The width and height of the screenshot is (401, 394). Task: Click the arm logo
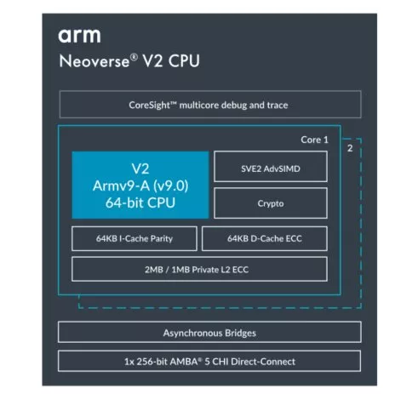79,36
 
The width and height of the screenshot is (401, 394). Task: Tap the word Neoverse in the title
95,61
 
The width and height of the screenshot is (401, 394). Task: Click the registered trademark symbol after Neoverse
134,57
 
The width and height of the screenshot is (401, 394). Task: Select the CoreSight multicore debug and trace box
210,105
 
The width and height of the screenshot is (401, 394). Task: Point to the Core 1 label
314,140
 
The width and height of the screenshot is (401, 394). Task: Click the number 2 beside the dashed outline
350,148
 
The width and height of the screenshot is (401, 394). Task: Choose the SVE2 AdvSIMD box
271,167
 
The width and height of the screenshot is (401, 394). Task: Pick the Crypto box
271,203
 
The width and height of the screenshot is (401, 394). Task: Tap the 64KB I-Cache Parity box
135,238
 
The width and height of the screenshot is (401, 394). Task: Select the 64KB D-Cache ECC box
265,238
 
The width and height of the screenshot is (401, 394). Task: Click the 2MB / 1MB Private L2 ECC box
199,269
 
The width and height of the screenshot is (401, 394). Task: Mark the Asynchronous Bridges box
209,332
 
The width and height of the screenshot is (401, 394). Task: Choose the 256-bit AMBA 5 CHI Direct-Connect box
209,361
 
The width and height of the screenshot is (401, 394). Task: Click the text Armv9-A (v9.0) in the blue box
140,186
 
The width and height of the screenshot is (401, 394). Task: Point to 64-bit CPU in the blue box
140,203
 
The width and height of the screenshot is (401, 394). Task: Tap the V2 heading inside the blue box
140,168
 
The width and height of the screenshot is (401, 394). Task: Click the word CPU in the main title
184,61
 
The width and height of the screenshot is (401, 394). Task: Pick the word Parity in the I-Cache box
162,239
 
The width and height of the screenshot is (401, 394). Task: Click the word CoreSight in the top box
149,106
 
